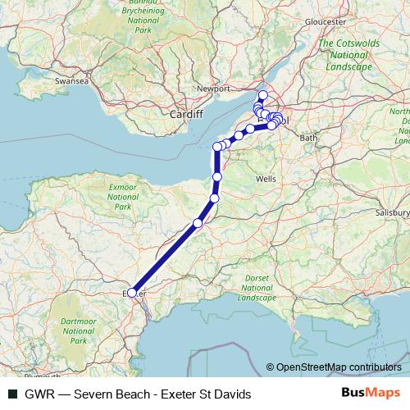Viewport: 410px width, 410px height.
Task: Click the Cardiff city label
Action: click(186, 115)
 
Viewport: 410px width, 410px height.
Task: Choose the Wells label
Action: click(266, 178)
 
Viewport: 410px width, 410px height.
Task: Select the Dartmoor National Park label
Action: click(78, 329)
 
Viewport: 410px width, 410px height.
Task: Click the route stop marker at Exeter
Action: click(132, 292)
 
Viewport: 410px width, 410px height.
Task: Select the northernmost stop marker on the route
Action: click(262, 94)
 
